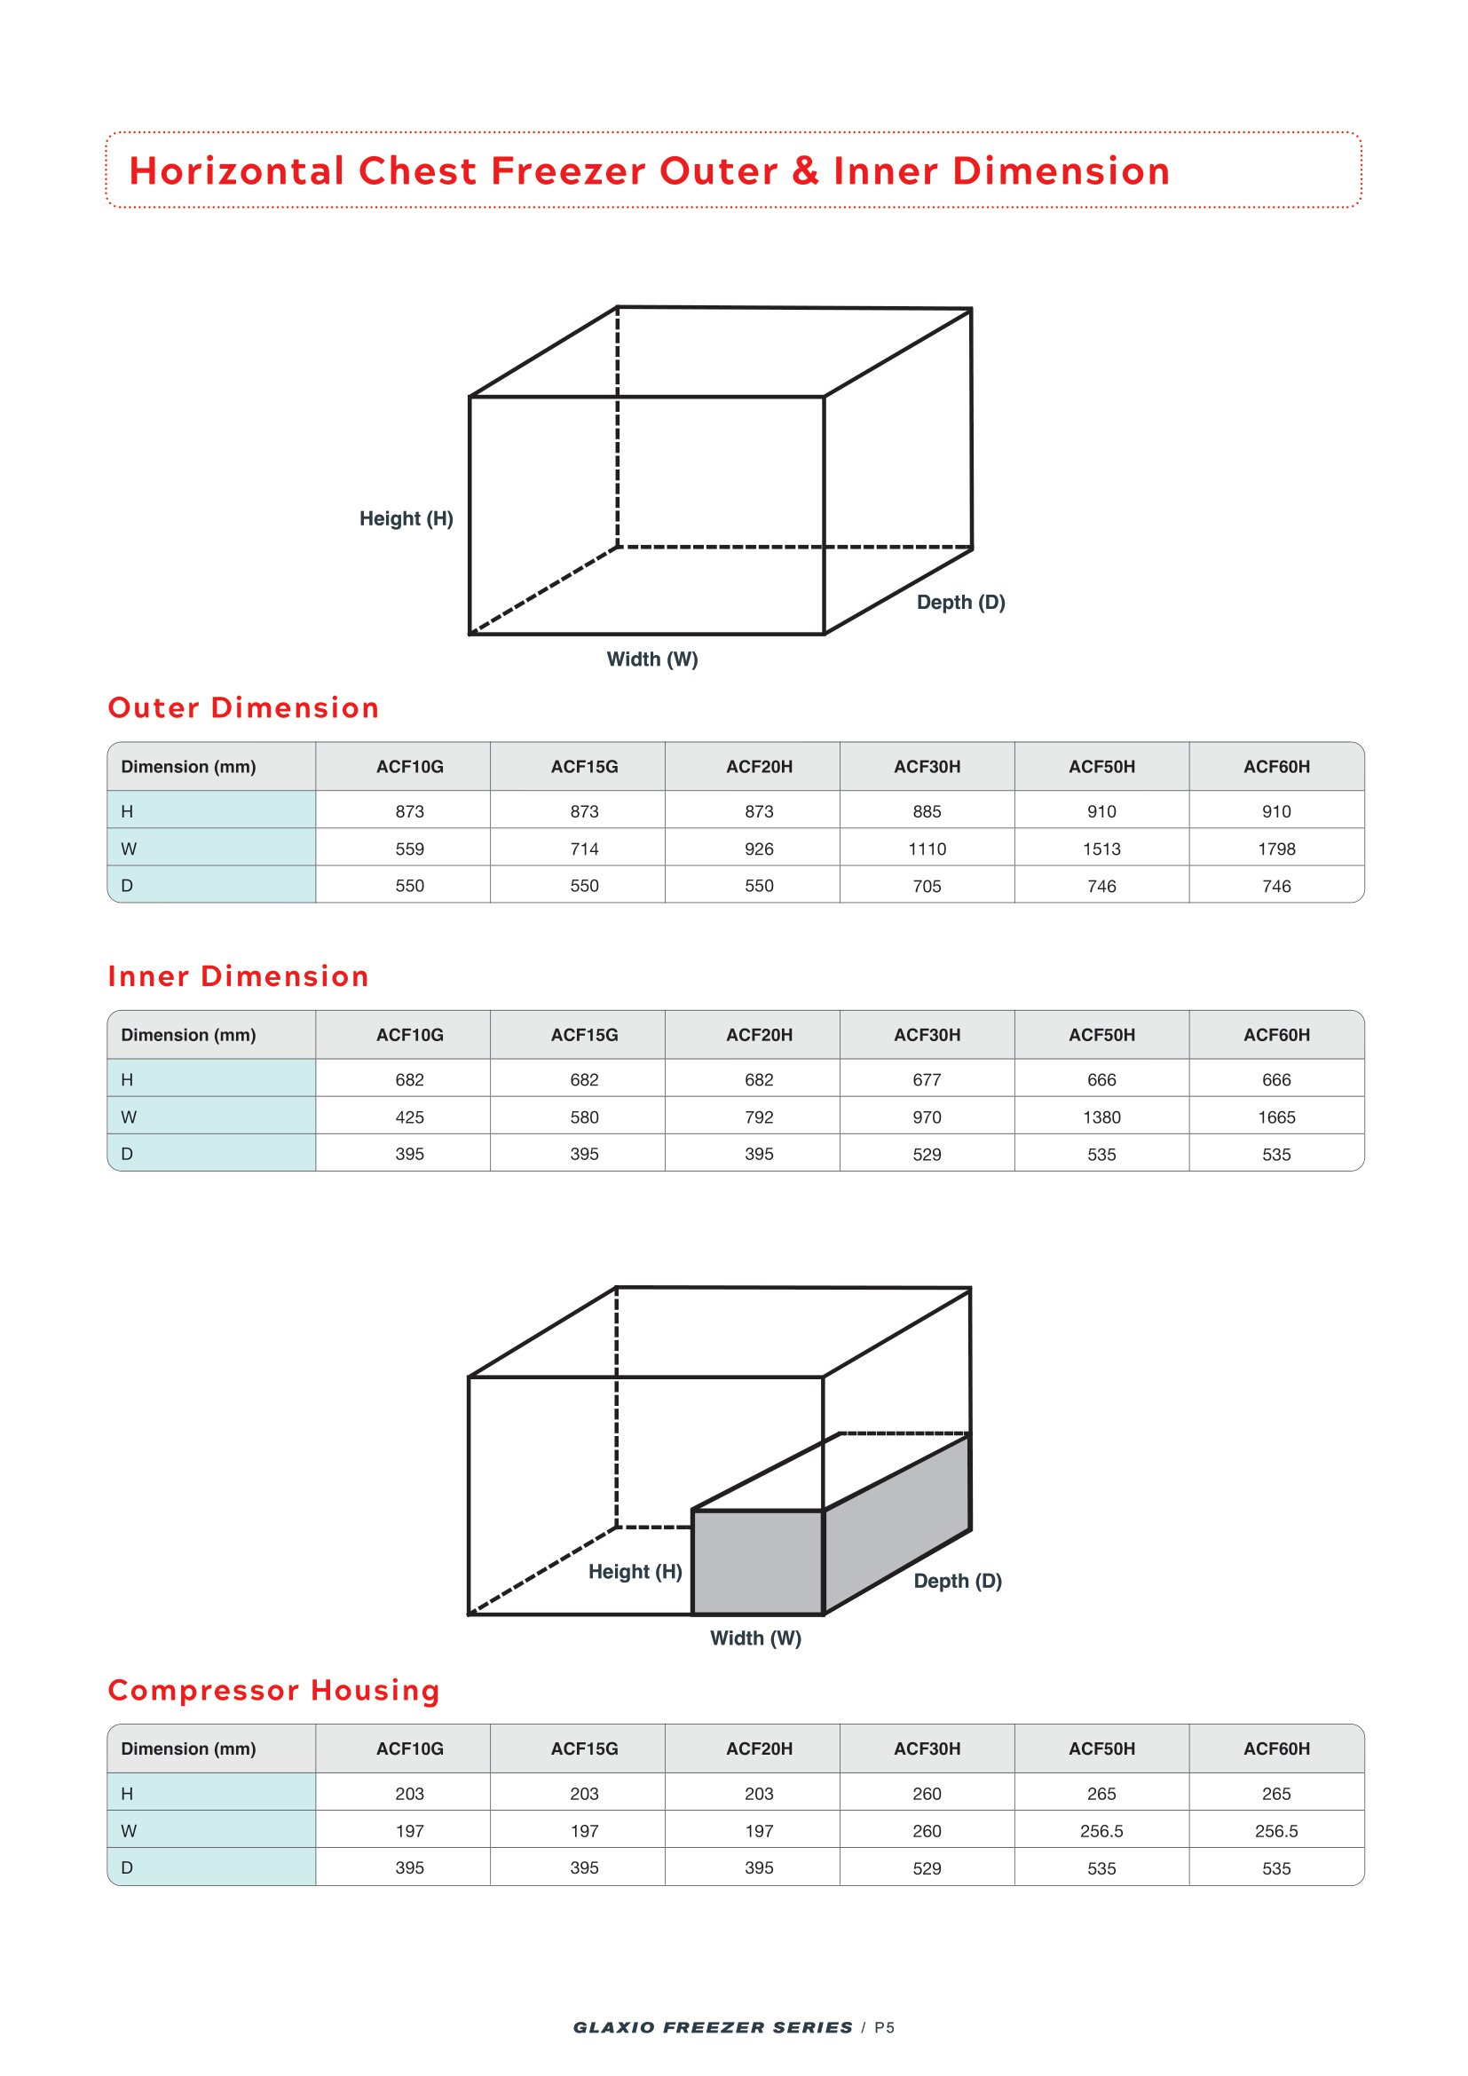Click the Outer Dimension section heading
(x=243, y=708)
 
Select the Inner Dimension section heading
(x=239, y=976)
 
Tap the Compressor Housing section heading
(x=274, y=1691)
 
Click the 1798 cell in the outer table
(x=1276, y=849)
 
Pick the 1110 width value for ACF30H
(x=927, y=849)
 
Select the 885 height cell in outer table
(x=927, y=812)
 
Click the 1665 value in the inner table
(x=1276, y=1117)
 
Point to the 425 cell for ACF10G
(x=409, y=1117)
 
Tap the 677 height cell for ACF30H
(x=927, y=1080)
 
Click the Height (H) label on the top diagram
(x=406, y=519)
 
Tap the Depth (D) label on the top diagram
(x=961, y=602)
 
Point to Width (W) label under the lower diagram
(x=755, y=1638)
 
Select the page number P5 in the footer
(x=884, y=2028)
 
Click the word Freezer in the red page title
(x=568, y=171)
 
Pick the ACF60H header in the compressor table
(x=1276, y=1748)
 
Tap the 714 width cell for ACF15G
(x=584, y=849)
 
